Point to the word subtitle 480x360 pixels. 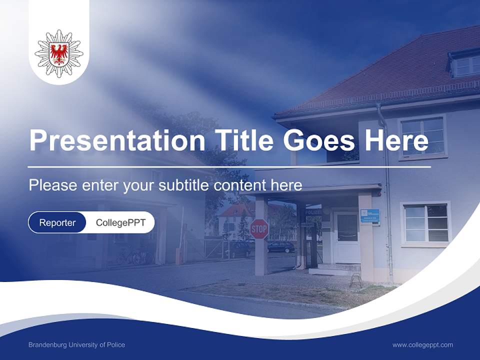click(184, 185)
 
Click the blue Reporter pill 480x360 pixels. click(57, 222)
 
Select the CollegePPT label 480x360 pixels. click(120, 222)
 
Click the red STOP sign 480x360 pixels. click(259, 228)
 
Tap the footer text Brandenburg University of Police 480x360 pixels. click(76, 344)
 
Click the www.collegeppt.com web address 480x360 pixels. click(422, 344)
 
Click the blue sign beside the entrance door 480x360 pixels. click(370, 216)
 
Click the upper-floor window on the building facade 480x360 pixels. click(422, 135)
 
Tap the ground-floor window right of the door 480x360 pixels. click(425, 223)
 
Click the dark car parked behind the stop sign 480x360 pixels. click(280, 246)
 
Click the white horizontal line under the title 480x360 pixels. click(229, 166)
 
